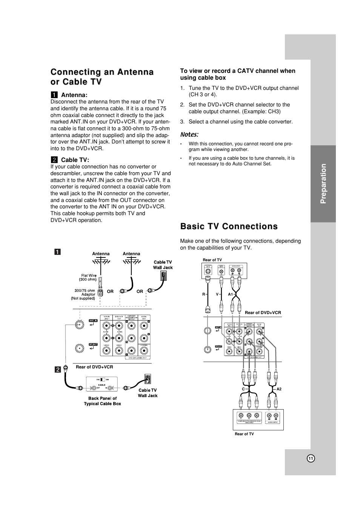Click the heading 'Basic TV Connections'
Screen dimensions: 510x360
pyautogui.click(x=229, y=226)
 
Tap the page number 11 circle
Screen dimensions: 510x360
pyautogui.click(x=311, y=458)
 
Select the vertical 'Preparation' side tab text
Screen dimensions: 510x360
pyautogui.click(x=323, y=184)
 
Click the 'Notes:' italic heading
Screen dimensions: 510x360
pyautogui.click(x=189, y=134)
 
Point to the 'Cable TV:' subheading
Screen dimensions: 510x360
pyautogui.click(x=75, y=160)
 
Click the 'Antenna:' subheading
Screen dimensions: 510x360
pyautogui.click(x=74, y=95)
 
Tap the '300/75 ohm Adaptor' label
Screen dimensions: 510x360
pyautogui.click(x=84, y=294)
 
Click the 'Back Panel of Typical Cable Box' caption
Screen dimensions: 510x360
pyautogui.click(x=102, y=401)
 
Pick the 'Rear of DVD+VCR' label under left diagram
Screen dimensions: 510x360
pyautogui.click(x=94, y=367)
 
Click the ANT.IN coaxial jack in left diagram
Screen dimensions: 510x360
pyautogui.click(x=79, y=324)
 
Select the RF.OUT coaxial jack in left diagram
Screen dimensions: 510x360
pyautogui.click(x=79, y=348)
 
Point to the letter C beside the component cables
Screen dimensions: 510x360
pyautogui.click(x=244, y=389)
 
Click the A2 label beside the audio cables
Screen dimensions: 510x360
pyautogui.click(x=279, y=389)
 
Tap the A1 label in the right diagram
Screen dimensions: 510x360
pyautogui.click(x=230, y=294)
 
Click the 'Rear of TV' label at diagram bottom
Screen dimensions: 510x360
pyautogui.click(x=244, y=434)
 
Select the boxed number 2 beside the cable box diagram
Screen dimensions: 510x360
pyautogui.click(x=58, y=370)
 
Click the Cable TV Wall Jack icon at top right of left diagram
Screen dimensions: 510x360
pyautogui.click(x=163, y=276)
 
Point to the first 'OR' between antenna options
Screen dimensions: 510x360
pyautogui.click(x=110, y=291)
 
